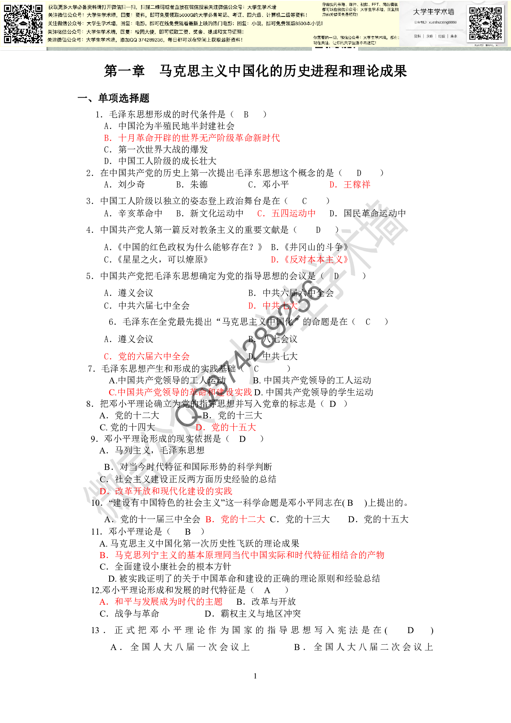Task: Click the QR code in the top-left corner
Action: (x=23, y=24)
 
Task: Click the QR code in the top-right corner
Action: (x=486, y=23)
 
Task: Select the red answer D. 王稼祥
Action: (x=350, y=185)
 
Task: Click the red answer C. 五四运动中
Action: (x=286, y=214)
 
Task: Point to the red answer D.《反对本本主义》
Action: (x=310, y=260)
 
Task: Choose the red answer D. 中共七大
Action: (x=273, y=306)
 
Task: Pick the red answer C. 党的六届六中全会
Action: (x=147, y=357)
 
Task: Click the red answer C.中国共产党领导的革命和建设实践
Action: (x=180, y=392)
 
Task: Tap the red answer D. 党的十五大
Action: (x=226, y=427)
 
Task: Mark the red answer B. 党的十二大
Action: (x=235, y=519)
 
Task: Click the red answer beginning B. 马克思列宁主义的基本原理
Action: (x=242, y=555)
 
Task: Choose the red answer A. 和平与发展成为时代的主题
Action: (x=161, y=602)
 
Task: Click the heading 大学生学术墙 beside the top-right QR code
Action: (x=434, y=12)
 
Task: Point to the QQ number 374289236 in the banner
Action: (x=151, y=40)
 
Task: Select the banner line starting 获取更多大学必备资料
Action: (x=162, y=7)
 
